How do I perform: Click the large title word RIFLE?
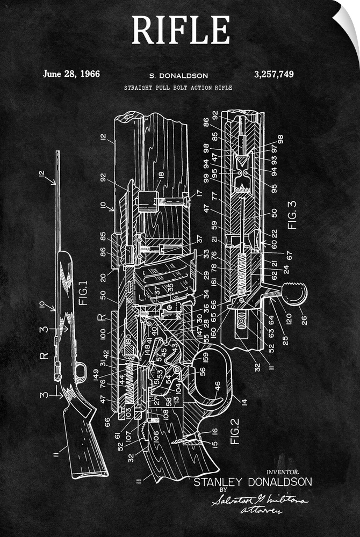pyautogui.click(x=181, y=31)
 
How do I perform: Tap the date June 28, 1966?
pyautogui.click(x=71, y=74)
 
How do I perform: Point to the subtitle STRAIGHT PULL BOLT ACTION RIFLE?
pyautogui.click(x=178, y=88)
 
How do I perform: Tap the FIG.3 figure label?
pyautogui.click(x=293, y=215)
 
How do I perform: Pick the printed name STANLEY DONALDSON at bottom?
pyautogui.click(x=252, y=482)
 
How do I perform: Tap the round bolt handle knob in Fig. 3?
pyautogui.click(x=295, y=294)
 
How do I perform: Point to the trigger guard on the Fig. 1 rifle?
pyautogui.click(x=81, y=370)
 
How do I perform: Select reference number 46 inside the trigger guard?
pyautogui.click(x=217, y=385)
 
